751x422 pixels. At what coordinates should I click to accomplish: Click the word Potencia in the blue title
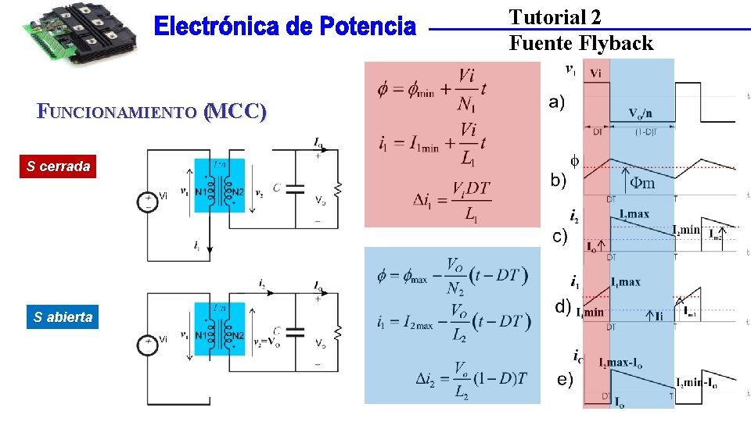(x=367, y=27)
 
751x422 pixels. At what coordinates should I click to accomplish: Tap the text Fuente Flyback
(x=580, y=43)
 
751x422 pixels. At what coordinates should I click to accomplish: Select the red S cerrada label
(x=58, y=166)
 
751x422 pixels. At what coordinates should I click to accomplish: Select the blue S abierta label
(x=63, y=317)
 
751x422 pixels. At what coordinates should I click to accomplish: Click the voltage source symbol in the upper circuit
(x=147, y=201)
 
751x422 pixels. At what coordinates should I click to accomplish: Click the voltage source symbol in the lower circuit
(x=147, y=345)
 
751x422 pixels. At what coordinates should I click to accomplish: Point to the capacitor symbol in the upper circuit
(x=294, y=188)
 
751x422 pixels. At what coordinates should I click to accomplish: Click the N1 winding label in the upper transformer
(x=202, y=191)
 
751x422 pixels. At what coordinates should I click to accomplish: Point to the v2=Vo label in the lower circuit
(x=268, y=342)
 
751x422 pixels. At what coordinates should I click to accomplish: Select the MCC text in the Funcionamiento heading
(x=234, y=111)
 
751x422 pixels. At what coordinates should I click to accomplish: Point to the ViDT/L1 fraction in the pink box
(x=470, y=199)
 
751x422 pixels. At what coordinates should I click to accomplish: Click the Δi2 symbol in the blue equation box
(x=429, y=378)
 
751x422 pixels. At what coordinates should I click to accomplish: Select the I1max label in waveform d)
(x=626, y=282)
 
